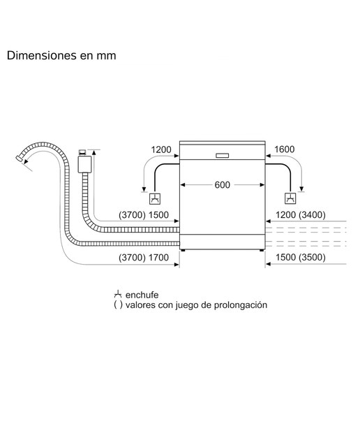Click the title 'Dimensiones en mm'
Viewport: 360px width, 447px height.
click(61, 55)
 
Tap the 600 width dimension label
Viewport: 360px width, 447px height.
click(222, 185)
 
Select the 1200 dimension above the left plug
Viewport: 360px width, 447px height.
click(161, 149)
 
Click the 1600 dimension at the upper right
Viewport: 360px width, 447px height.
click(284, 149)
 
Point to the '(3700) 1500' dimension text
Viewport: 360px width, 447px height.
click(144, 215)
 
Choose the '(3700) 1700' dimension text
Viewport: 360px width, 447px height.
click(144, 258)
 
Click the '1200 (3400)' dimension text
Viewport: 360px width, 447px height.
click(301, 214)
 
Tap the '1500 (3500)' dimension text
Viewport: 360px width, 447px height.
click(301, 257)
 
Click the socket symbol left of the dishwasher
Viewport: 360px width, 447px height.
click(155, 198)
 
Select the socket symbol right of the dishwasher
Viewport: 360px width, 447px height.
click(290, 198)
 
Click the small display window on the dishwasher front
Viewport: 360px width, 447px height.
click(222, 156)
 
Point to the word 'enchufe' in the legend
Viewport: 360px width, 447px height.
click(142, 295)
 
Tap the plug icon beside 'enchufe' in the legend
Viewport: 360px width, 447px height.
click(118, 295)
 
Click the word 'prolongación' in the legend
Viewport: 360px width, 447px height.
click(241, 305)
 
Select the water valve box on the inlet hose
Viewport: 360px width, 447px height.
click(84, 164)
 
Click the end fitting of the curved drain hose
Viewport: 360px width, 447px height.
click(20, 159)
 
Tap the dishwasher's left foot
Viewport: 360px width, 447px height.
click(183, 251)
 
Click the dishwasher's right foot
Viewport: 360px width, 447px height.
click(262, 251)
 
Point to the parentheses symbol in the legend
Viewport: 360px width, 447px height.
click(118, 305)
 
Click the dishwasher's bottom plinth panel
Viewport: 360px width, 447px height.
click(223, 242)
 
